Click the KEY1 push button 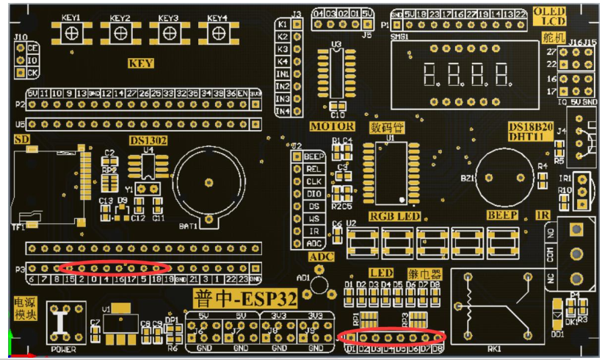tap(71, 33)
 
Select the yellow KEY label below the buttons tap(141, 63)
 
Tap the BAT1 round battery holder tap(209, 181)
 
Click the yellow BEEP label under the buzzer tap(502, 215)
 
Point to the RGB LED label tap(394, 215)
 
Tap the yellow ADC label tap(321, 256)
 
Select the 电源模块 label tap(23, 309)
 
